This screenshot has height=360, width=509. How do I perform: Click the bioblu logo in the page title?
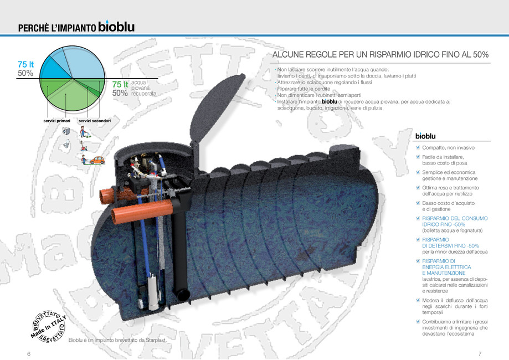pos(116,27)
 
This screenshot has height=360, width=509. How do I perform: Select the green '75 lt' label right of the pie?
pos(120,84)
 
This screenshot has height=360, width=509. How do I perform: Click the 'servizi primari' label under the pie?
pos(56,120)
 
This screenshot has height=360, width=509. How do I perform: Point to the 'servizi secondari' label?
pos(94,120)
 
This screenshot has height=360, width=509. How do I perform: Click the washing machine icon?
pos(65,131)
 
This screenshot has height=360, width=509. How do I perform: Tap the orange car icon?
pos(97,160)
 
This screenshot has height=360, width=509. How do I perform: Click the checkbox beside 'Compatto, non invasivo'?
pos(418,147)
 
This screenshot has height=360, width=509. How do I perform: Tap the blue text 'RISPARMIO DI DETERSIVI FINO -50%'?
pos(446,242)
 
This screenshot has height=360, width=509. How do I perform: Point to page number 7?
pos(480,353)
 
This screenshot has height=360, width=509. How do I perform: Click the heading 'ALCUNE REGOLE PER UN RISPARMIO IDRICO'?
pos(381,55)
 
